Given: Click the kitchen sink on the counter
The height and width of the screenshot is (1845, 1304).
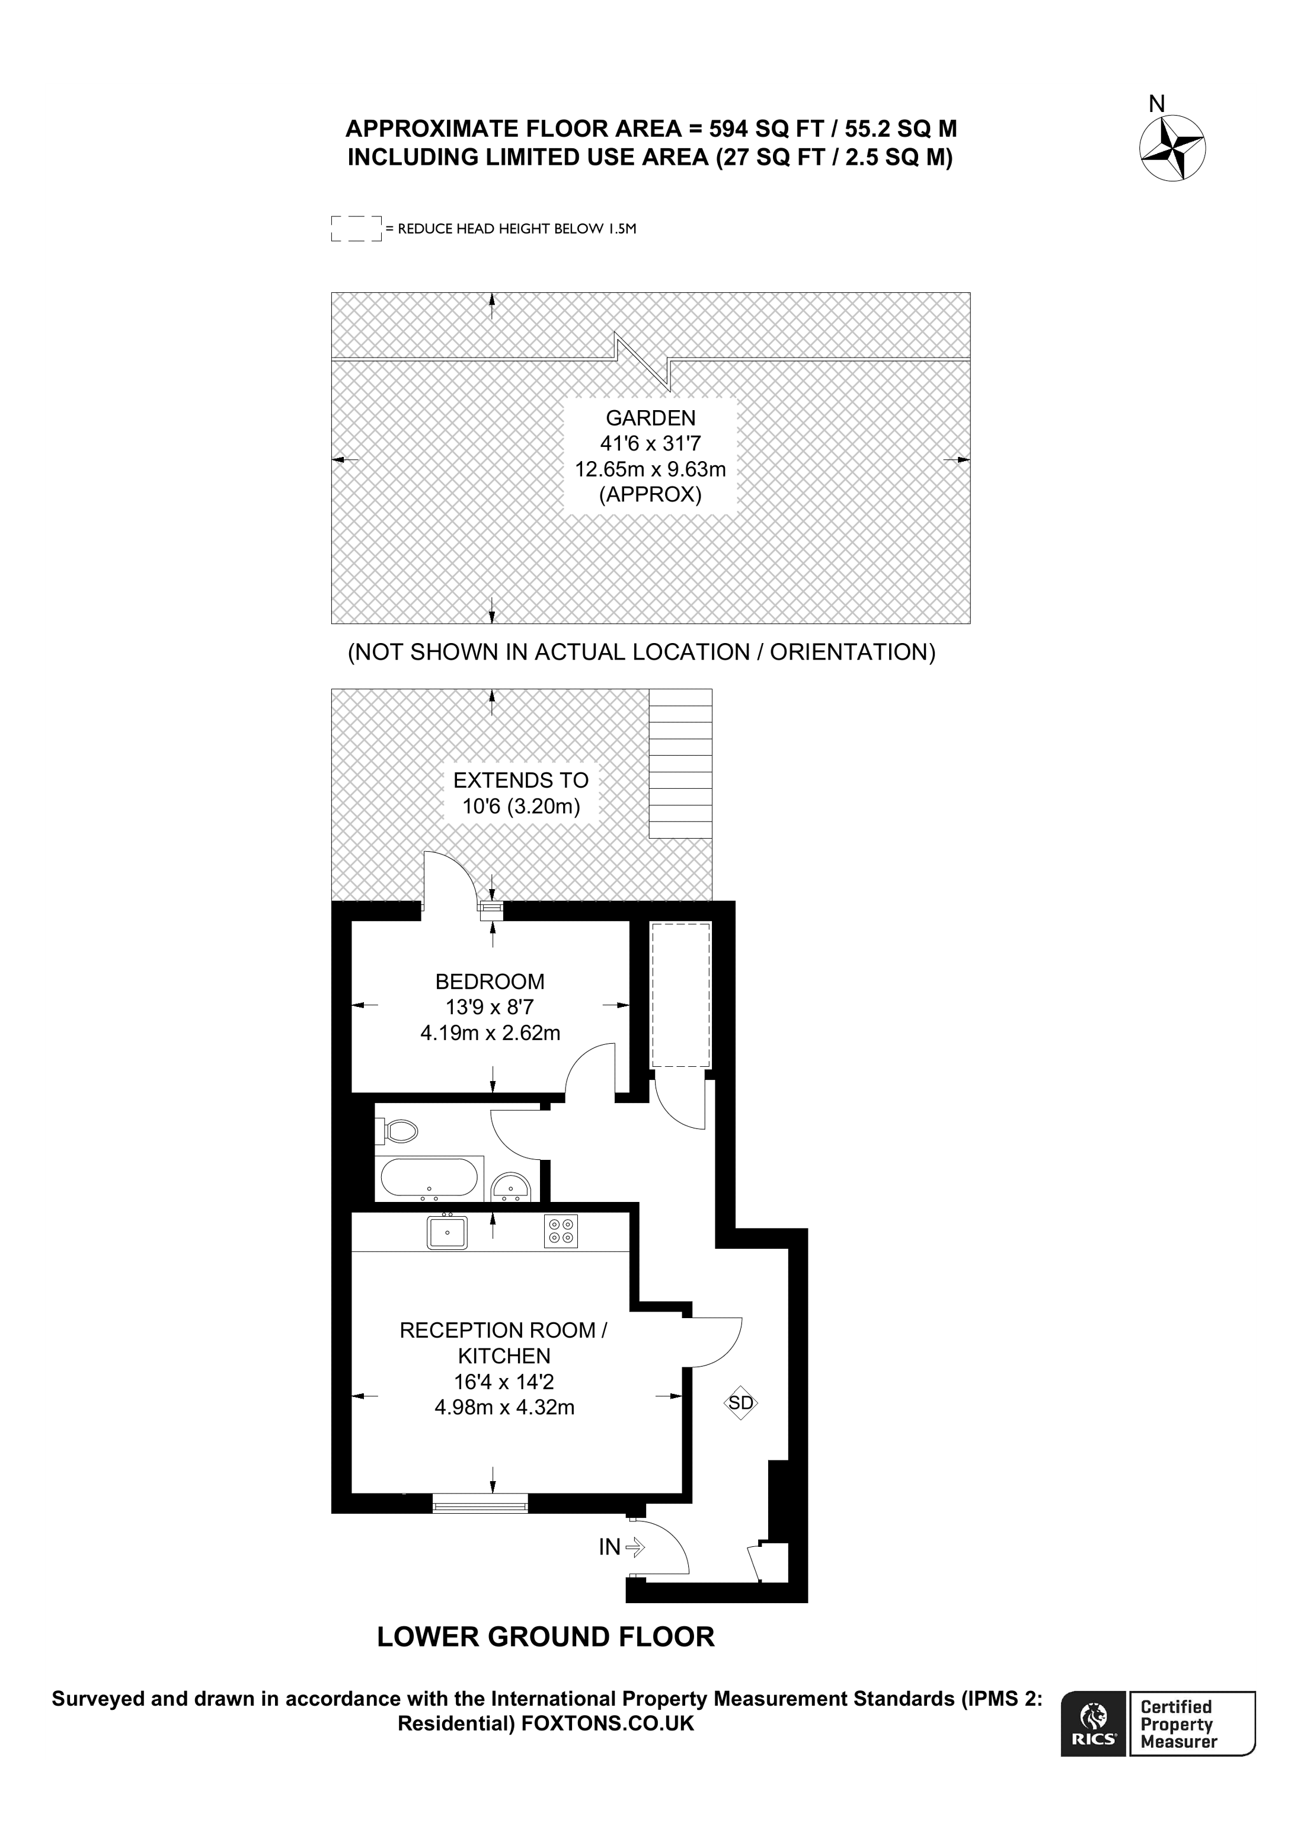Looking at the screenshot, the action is pos(448,1231).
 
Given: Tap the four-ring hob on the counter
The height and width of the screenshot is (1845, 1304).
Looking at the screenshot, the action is pos(561,1230).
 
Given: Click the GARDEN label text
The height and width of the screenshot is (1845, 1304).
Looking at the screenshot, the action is pos(651,418).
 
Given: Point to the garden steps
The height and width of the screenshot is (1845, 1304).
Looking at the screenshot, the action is pos(680,763).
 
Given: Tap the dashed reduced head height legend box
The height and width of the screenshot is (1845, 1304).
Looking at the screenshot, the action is pos(356,228).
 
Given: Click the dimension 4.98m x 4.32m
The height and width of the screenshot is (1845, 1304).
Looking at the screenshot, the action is pos(504,1430).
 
